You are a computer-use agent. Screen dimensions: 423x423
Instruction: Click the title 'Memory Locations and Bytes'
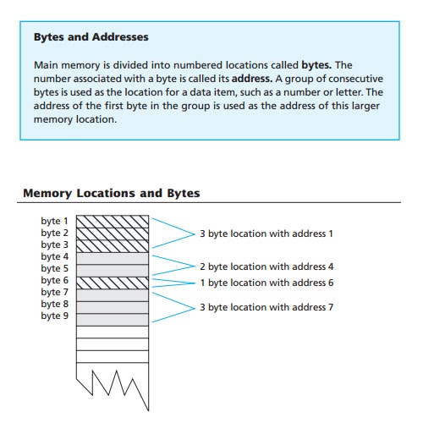tap(111, 193)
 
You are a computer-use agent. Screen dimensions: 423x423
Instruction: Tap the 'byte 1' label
tap(55, 221)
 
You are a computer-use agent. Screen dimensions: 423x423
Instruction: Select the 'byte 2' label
tap(55, 233)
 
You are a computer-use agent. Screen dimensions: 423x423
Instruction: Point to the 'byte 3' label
tap(55, 244)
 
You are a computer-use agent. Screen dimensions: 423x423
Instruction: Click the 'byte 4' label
tap(55, 256)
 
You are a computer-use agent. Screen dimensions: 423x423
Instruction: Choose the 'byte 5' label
tap(55, 268)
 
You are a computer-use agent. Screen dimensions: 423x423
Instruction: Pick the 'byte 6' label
tap(55, 280)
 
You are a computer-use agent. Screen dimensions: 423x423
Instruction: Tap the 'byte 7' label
tap(55, 292)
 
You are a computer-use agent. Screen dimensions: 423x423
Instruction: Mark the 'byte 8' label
tap(55, 304)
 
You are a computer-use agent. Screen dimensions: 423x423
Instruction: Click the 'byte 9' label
tap(55, 316)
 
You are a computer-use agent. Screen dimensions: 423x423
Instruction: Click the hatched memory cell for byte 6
tap(112, 281)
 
